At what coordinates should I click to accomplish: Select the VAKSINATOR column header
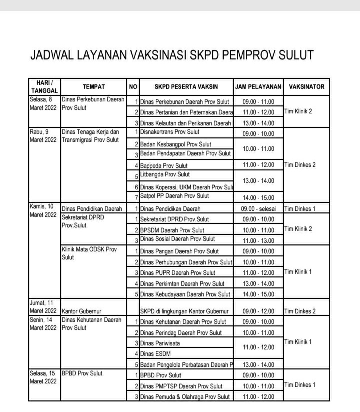(306, 87)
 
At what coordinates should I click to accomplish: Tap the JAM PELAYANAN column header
(258, 87)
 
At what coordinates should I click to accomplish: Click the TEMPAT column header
(94, 87)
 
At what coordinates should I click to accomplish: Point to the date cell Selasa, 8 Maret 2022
(44, 104)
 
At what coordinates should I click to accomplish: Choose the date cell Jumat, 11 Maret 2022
(44, 307)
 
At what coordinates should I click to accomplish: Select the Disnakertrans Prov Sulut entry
(170, 132)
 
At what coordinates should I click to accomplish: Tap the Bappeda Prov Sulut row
(164, 165)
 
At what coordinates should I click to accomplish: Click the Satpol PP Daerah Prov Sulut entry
(174, 196)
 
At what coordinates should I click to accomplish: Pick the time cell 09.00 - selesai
(258, 208)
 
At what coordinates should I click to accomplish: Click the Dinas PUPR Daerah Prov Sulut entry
(177, 273)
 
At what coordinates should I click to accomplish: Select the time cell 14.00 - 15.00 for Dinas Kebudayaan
(258, 294)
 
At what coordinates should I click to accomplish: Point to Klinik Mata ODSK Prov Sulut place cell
(88, 253)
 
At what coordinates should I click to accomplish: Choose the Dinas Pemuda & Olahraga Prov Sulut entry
(185, 397)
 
